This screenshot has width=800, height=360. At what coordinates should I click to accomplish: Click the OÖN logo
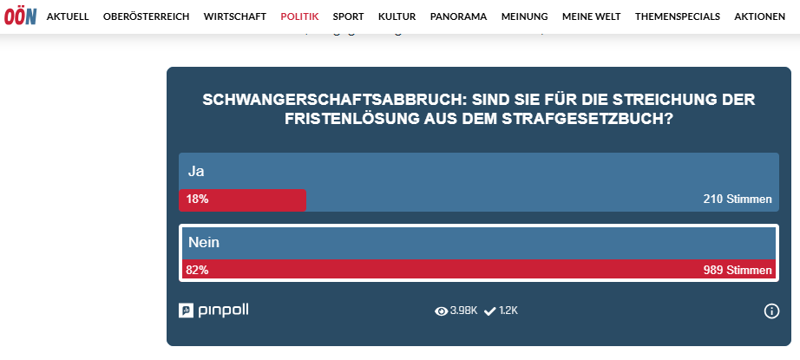[x=19, y=16]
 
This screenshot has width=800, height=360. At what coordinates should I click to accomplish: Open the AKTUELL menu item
[x=68, y=16]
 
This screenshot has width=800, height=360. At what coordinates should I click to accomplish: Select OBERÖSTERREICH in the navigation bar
[x=146, y=16]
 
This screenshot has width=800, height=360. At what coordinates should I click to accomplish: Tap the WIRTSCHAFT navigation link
[x=235, y=16]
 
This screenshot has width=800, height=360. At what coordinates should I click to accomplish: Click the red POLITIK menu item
[x=299, y=16]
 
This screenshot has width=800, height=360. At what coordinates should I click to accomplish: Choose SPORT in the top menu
[x=348, y=16]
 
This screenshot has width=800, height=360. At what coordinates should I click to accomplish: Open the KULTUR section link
[x=397, y=16]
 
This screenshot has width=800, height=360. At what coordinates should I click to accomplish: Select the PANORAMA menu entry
[x=458, y=16]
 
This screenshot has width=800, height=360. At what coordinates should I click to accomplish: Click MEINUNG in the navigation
[x=524, y=16]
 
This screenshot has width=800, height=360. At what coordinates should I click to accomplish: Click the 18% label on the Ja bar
[x=197, y=200]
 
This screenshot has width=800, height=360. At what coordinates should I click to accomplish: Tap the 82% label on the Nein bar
[x=197, y=271]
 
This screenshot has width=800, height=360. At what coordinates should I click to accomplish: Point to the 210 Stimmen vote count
[x=737, y=200]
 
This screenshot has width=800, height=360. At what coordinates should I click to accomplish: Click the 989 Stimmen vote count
[x=737, y=271]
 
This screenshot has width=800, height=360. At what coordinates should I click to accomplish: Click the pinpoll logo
[x=213, y=311]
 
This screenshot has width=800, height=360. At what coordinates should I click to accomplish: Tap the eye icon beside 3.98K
[x=441, y=311]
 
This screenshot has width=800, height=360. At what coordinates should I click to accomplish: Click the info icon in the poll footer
[x=771, y=311]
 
